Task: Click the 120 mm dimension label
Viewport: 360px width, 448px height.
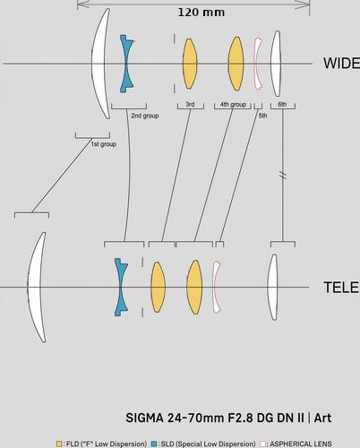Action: pyautogui.click(x=201, y=13)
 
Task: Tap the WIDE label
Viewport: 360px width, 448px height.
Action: pyautogui.click(x=341, y=64)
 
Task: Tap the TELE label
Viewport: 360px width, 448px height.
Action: pyautogui.click(x=341, y=288)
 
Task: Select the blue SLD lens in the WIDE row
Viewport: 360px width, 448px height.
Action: pyautogui.click(x=126, y=64)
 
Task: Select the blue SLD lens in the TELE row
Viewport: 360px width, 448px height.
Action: pyautogui.click(x=121, y=288)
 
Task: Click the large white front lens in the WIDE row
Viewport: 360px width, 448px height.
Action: pyautogui.click(x=100, y=64)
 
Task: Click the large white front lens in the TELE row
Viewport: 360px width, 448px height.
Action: pyautogui.click(x=36, y=288)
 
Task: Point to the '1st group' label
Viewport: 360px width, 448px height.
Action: pyautogui.click(x=103, y=144)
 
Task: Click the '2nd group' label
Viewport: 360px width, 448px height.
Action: pyautogui.click(x=145, y=116)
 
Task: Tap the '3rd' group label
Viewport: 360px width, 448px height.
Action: pyautogui.click(x=190, y=104)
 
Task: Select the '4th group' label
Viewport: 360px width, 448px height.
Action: pyautogui.click(x=233, y=104)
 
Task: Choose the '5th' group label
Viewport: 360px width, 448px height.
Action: pyautogui.click(x=262, y=116)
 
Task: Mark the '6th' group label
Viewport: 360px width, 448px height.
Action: pyautogui.click(x=282, y=104)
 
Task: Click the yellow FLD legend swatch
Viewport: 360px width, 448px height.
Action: pyautogui.click(x=59, y=444)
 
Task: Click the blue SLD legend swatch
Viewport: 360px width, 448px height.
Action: pyautogui.click(x=154, y=444)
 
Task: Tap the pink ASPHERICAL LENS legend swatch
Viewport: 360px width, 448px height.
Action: pyautogui.click(x=262, y=444)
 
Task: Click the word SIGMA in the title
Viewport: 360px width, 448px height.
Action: pyautogui.click(x=144, y=418)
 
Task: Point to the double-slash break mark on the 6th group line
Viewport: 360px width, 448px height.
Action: pyautogui.click(x=283, y=175)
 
